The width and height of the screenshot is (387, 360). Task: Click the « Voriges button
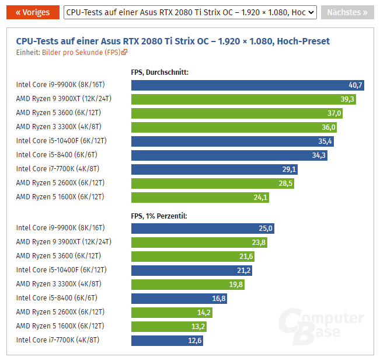(33, 12)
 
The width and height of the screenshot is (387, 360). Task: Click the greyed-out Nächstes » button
(347, 12)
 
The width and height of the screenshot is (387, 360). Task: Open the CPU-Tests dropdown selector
(190, 12)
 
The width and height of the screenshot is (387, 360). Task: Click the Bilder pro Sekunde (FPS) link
(84, 52)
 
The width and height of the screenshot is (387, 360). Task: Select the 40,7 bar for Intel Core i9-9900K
(248, 85)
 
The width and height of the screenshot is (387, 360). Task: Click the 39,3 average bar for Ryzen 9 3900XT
(244, 99)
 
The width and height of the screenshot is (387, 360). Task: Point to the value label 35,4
(325, 141)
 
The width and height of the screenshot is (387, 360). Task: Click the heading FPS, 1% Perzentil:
(159, 216)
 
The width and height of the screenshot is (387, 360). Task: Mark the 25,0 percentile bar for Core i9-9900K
(203, 228)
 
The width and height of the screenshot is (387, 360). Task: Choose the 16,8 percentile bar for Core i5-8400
(179, 298)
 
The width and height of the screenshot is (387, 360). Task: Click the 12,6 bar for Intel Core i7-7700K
(168, 340)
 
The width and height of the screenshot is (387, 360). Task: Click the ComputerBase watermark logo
(320, 328)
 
